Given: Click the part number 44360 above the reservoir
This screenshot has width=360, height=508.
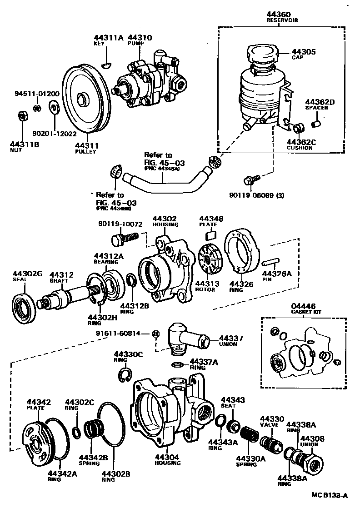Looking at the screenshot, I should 277,15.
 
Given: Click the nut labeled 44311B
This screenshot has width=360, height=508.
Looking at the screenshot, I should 21,116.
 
